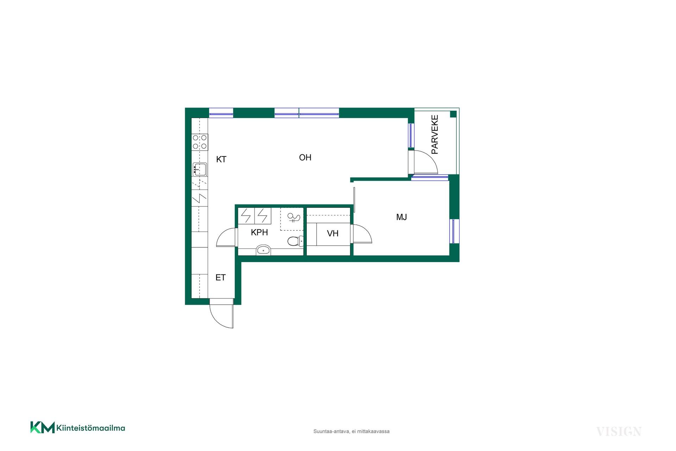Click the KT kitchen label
pos(221,159)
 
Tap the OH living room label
pos(305,157)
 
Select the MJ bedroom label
pos(401,217)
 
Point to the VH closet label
pos(333,233)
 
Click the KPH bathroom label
pos(259,232)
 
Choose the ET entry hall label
pos(220,278)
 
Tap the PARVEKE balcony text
pos(435,135)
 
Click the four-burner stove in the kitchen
pos(200,142)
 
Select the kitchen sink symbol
pos(200,169)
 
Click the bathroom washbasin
pos(263,250)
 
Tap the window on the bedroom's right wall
pos(454,231)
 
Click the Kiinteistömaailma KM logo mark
pos(42,427)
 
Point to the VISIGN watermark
pos(619,431)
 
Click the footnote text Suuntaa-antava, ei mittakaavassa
pos(351,431)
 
